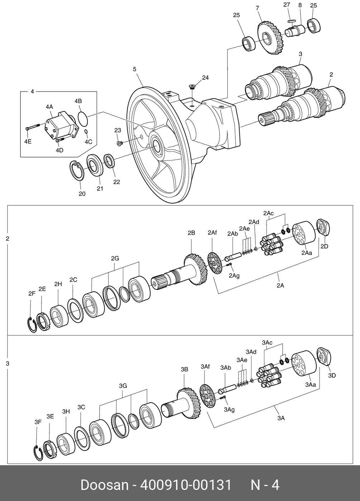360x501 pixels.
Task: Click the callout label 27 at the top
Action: (x=287, y=5)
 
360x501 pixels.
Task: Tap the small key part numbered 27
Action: (x=292, y=21)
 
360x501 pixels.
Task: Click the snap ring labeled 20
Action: (x=76, y=170)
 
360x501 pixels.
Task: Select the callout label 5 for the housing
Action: (x=134, y=69)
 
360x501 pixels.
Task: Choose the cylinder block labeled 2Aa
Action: (x=304, y=233)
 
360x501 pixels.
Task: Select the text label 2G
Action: (x=115, y=258)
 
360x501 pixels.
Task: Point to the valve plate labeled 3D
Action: (x=324, y=356)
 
